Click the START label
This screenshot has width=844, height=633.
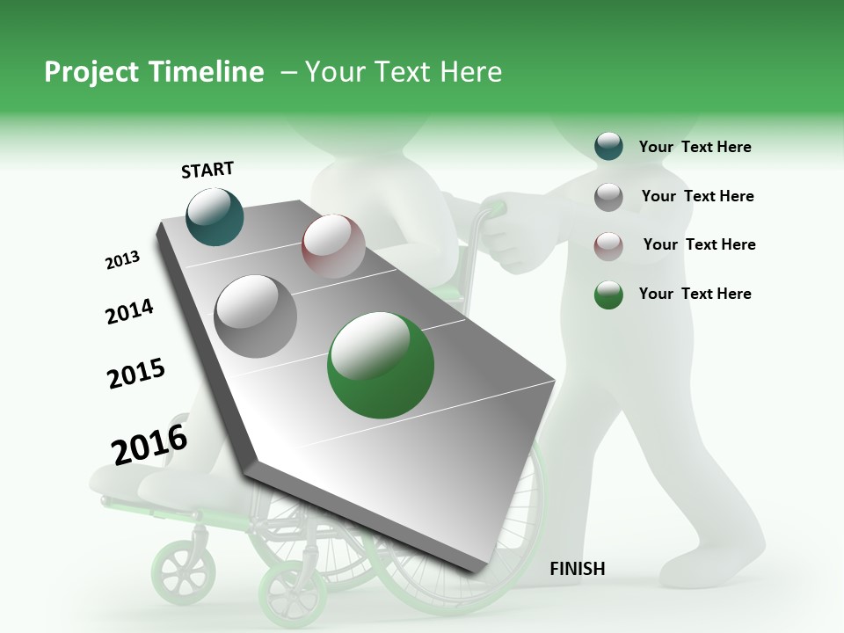pos(207,170)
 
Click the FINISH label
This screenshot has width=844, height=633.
pos(578,569)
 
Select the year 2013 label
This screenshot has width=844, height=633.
pos(123,260)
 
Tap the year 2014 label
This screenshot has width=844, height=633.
pos(129,311)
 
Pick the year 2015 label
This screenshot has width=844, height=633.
pos(136,374)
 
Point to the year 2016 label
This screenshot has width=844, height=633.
pos(149,444)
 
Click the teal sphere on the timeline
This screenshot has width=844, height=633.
pos(215,216)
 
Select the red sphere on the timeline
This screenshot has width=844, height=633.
pos(333,246)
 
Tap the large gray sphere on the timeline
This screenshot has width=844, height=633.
pos(256,316)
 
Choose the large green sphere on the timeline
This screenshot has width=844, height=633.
pos(381,365)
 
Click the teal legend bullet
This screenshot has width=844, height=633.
pos(608,147)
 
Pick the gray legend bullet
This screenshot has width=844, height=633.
pos(608,197)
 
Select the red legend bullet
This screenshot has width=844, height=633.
pos(608,245)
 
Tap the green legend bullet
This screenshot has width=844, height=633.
pos(608,295)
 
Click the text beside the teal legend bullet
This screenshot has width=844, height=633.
pos(695,147)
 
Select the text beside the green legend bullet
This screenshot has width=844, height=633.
pos(695,294)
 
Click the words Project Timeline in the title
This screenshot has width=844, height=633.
pos(154,72)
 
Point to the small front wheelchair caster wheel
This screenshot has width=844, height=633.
pos(180,571)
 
